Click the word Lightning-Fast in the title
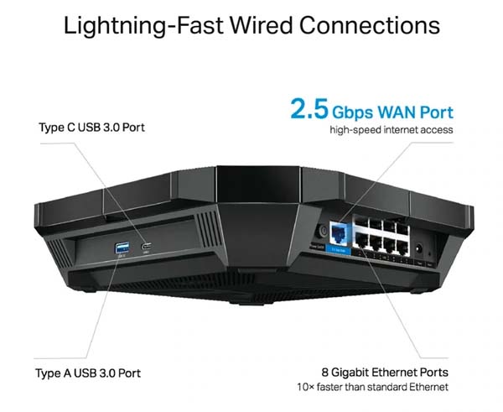coord(143,26)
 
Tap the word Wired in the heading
coord(261,25)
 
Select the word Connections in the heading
coord(369,25)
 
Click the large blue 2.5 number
coord(309,108)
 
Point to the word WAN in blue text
coord(397,112)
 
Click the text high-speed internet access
coord(392,130)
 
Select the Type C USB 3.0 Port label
coord(91,128)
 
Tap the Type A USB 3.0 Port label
coord(88,373)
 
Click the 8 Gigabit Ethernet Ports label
coord(385,373)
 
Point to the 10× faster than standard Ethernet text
coord(372,387)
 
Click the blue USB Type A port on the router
coord(122,248)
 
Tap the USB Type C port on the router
coord(146,247)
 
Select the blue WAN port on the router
coord(338,232)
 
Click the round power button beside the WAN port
coord(322,231)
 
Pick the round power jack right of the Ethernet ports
coord(418,248)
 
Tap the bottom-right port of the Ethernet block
coord(402,244)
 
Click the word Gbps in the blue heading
coord(353,113)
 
